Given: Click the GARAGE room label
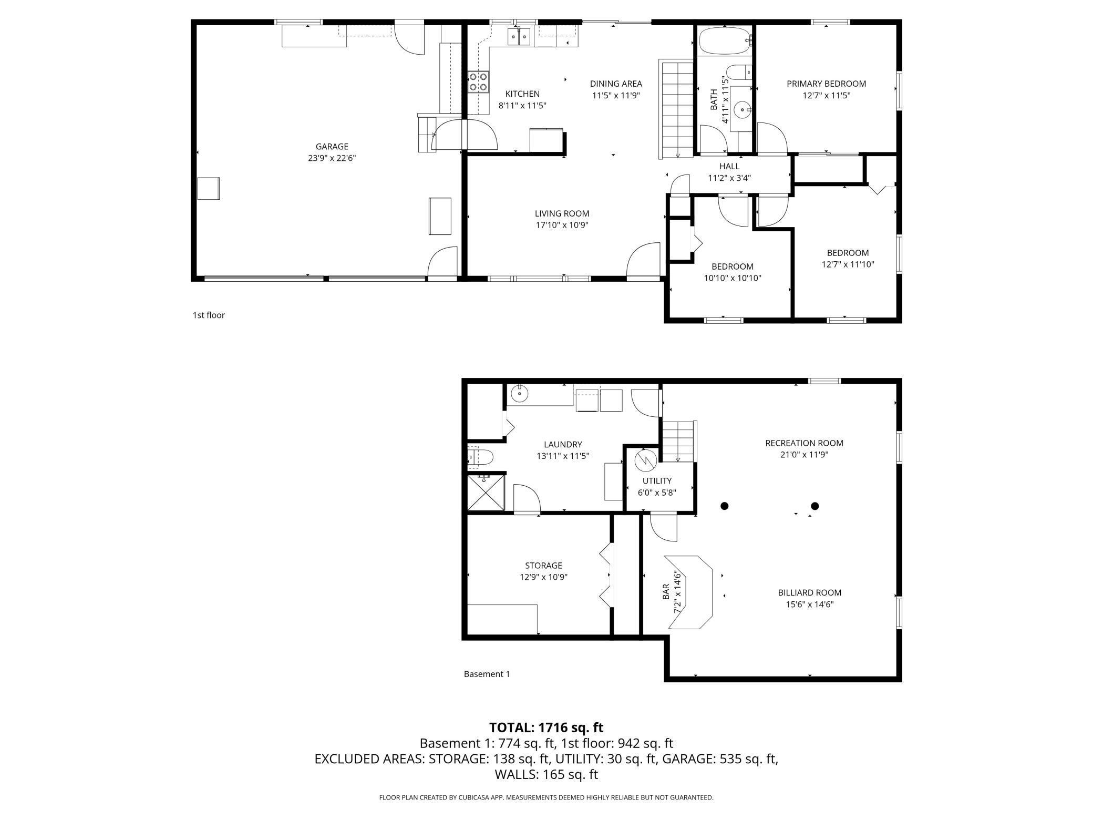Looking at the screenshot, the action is click(332, 147).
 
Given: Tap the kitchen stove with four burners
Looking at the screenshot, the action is click(478, 82).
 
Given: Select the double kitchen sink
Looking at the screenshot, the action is click(519, 37).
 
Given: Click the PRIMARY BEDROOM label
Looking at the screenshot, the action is click(826, 84).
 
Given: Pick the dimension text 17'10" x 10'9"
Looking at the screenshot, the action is click(562, 225).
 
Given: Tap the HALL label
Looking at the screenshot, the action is click(729, 166).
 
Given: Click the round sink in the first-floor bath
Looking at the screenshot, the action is click(743, 110).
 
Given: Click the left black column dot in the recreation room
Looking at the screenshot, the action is click(724, 506).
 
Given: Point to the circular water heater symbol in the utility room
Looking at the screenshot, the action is click(645, 461).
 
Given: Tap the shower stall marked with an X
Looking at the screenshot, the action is click(486, 493).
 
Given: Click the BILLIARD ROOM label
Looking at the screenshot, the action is click(810, 592).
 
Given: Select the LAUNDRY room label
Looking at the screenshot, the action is click(563, 444).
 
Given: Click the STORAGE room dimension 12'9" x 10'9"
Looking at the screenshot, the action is click(543, 577).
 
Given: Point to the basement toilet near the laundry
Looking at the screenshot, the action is click(480, 457).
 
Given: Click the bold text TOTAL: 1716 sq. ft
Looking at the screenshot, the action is click(546, 727).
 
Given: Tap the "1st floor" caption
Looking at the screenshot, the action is click(209, 315).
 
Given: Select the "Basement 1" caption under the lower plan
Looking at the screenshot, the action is click(487, 674).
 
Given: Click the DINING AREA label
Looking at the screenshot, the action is click(616, 84).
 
